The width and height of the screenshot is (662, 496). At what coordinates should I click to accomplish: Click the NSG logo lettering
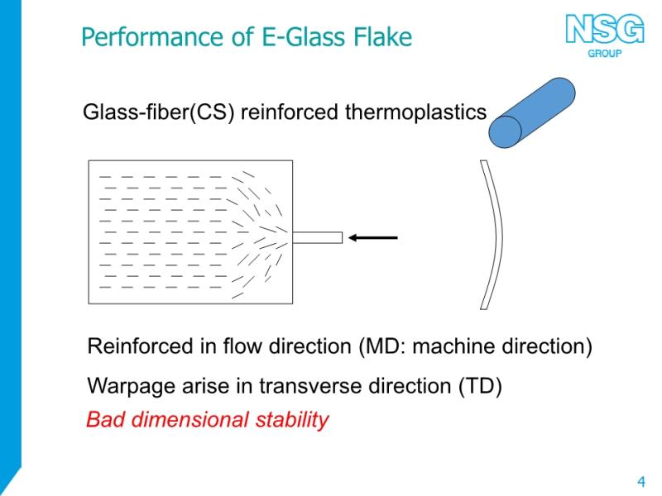(605, 29)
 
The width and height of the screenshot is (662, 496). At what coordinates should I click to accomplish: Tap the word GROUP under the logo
(605, 53)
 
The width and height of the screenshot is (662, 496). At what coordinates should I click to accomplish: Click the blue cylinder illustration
(532, 112)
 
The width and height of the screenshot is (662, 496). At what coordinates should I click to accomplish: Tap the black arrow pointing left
(373, 238)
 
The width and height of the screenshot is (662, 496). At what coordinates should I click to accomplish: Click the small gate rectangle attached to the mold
(318, 237)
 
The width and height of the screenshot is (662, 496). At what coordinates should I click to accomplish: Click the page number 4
(641, 481)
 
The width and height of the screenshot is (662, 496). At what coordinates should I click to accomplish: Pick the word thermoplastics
(415, 112)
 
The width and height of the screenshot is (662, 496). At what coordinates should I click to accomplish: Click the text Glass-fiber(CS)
(158, 112)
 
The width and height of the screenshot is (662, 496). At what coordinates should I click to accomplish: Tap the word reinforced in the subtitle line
(289, 112)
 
